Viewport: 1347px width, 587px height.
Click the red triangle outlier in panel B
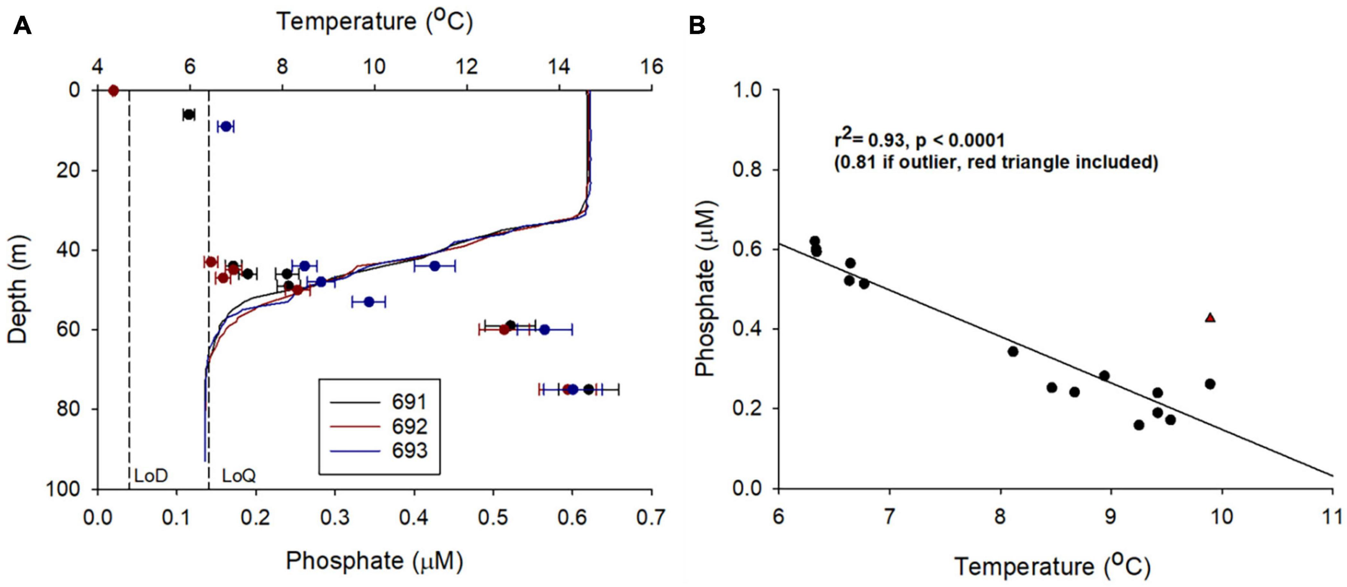click(1210, 318)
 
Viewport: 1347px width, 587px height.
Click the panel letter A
click(22, 25)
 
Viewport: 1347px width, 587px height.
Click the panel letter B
click(697, 25)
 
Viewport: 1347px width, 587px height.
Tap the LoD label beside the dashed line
click(151, 476)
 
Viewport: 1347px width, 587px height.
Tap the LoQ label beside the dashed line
click(239, 476)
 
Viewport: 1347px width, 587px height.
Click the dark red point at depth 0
click(113, 90)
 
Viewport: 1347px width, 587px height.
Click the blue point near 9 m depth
click(226, 127)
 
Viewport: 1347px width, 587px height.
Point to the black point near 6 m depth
click(189, 114)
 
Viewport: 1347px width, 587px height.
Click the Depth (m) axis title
click(18, 289)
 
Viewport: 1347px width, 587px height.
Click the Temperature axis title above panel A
click(374, 22)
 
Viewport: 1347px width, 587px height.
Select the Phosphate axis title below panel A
click(374, 561)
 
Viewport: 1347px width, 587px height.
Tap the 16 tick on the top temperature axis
click(652, 67)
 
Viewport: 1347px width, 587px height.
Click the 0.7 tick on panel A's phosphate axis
click(651, 518)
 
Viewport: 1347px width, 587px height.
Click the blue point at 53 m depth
click(369, 302)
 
